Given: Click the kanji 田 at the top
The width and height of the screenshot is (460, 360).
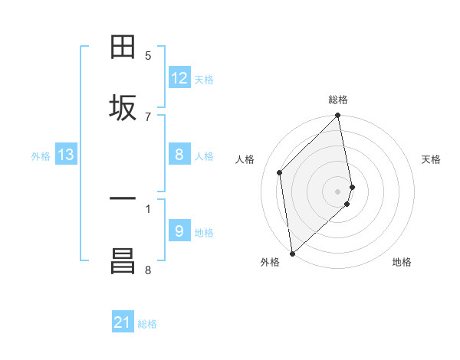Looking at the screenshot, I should pyautogui.click(x=123, y=48).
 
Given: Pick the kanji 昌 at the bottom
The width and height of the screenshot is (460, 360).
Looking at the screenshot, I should pyautogui.click(x=123, y=261).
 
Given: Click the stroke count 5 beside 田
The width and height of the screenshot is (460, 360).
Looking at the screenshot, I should pyautogui.click(x=148, y=55).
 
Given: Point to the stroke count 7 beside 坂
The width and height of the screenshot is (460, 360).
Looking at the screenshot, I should pyautogui.click(x=148, y=116).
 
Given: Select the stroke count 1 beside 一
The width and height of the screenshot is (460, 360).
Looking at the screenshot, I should pyautogui.click(x=148, y=208).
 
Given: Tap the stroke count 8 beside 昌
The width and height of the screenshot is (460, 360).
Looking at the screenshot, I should pyautogui.click(x=148, y=269).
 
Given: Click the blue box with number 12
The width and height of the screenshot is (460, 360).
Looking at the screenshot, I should pyautogui.click(x=179, y=78).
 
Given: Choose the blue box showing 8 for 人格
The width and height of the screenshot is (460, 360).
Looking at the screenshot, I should pyautogui.click(x=179, y=155).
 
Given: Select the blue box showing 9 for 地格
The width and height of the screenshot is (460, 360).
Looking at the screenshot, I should pyautogui.click(x=179, y=231).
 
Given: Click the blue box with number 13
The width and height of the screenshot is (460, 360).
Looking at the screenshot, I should pyautogui.click(x=66, y=155).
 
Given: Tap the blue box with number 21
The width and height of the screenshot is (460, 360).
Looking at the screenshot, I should pyautogui.click(x=123, y=323).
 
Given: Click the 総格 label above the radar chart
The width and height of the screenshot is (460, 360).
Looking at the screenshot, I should pyautogui.click(x=338, y=100).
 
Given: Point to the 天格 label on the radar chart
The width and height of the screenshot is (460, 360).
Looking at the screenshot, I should pyautogui.click(x=431, y=159).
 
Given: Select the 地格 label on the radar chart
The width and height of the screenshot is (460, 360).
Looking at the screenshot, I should pyautogui.click(x=402, y=262).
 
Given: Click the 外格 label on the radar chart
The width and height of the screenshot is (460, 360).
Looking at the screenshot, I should pyautogui.click(x=270, y=262).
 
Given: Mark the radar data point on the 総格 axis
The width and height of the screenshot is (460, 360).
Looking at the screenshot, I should pyautogui.click(x=338, y=116).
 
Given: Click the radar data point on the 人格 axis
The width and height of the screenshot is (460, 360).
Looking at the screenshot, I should pyautogui.click(x=280, y=172).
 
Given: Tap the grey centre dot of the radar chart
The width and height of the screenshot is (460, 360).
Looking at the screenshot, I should pyautogui.click(x=338, y=191).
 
